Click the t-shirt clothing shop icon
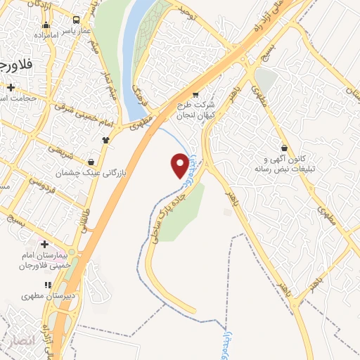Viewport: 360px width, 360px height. click(x=106, y=139)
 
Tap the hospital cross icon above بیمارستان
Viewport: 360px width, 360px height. click(x=44, y=243)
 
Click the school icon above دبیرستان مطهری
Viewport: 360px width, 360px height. click(x=48, y=285)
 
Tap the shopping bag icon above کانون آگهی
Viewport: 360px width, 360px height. click(x=283, y=148)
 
